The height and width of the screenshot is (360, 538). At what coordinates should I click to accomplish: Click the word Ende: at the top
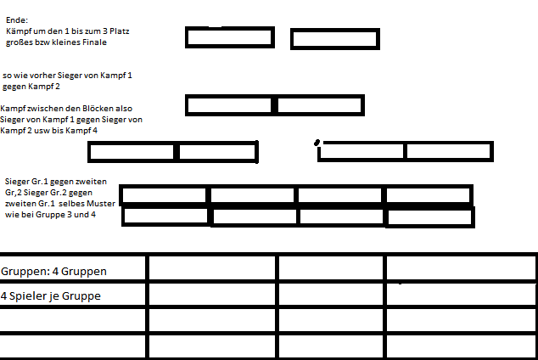pyautogui.click(x=16, y=19)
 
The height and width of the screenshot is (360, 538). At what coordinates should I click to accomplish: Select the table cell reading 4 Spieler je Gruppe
pyautogui.click(x=74, y=295)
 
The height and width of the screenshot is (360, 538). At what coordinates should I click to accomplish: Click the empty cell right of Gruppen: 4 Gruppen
pyautogui.click(x=212, y=268)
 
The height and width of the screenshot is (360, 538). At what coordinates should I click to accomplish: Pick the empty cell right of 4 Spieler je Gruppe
pyautogui.click(x=212, y=295)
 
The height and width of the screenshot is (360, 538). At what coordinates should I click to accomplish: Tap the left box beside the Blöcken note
pyautogui.click(x=229, y=104)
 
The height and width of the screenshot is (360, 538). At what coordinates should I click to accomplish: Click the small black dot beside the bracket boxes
pyautogui.click(x=317, y=142)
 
